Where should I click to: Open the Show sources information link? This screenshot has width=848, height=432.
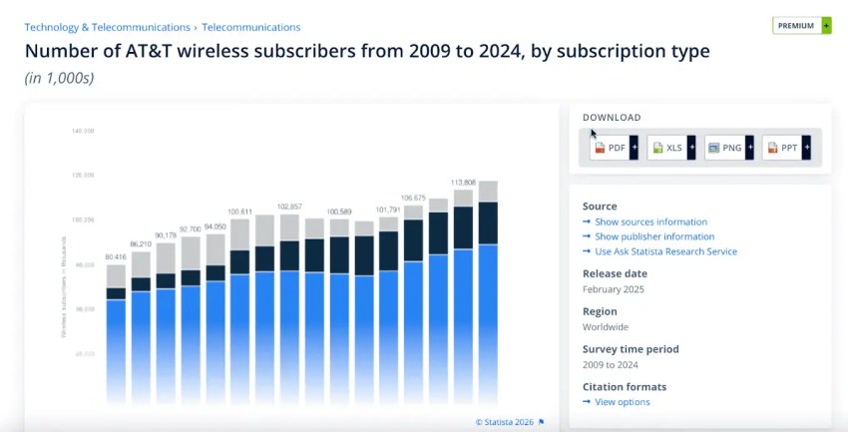650,221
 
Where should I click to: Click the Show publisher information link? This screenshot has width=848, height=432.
654,236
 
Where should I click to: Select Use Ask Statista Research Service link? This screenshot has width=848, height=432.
665,251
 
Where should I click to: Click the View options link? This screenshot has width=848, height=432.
622,402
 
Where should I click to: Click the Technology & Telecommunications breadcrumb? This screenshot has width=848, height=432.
107,27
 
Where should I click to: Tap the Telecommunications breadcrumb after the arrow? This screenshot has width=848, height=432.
250,27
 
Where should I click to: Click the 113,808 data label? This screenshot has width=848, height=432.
463,183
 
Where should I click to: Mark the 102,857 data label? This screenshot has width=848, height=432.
289,207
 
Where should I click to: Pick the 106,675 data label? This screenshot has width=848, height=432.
413,198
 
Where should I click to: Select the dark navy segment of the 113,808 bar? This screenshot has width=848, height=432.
463,227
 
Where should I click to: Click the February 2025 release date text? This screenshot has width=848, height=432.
614,289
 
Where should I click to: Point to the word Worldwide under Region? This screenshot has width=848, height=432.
606,327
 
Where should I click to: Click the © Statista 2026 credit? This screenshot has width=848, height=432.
504,422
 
